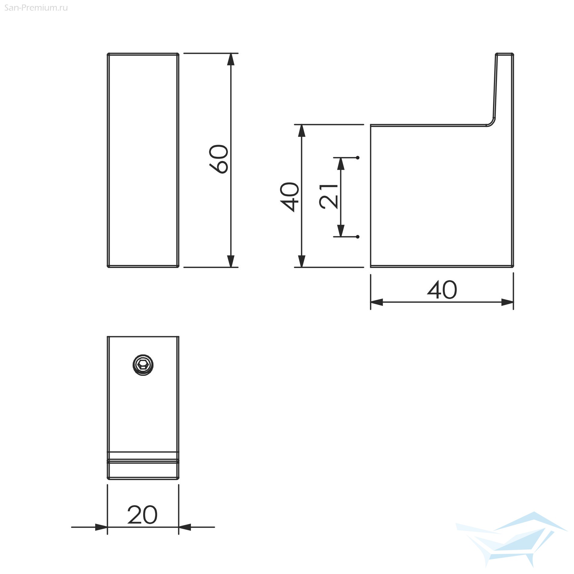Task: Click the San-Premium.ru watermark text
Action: [36, 8]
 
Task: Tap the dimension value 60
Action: [219, 159]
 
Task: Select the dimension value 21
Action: [329, 196]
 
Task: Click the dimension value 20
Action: [142, 515]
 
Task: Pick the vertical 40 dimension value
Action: [290, 197]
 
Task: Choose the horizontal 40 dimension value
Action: [442, 290]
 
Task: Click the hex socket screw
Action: [143, 365]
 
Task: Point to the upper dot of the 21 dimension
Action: [358, 158]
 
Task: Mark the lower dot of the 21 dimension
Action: [358, 237]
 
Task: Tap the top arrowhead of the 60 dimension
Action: [231, 60]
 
